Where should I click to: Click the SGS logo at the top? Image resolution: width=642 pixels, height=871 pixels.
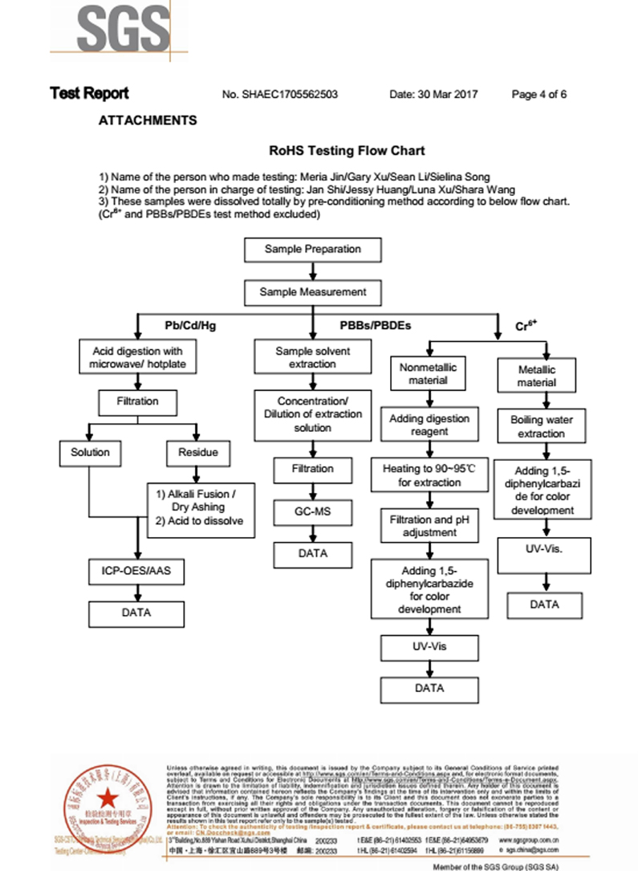pos(119,28)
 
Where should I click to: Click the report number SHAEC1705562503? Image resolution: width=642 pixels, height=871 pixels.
pos(279,94)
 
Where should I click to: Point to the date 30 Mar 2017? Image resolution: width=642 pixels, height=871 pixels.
pos(433,94)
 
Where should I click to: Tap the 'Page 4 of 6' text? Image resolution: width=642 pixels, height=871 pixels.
pos(539,94)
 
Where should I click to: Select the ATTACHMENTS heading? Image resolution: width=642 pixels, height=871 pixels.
pos(148,120)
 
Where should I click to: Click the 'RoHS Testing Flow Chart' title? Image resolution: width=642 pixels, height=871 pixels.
pos(347,150)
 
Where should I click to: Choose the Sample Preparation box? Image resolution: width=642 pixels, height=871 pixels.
pos(313,250)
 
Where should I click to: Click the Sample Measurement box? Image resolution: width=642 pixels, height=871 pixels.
pos(313,292)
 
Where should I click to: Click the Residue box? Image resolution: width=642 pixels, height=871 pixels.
pos(197,453)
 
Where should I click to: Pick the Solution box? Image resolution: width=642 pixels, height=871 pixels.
pos(90,453)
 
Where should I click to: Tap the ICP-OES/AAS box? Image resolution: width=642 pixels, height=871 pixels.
pos(136,572)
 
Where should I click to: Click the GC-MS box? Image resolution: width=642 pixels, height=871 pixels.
pos(313,511)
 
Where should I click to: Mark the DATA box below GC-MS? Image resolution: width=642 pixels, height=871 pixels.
pos(313,554)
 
